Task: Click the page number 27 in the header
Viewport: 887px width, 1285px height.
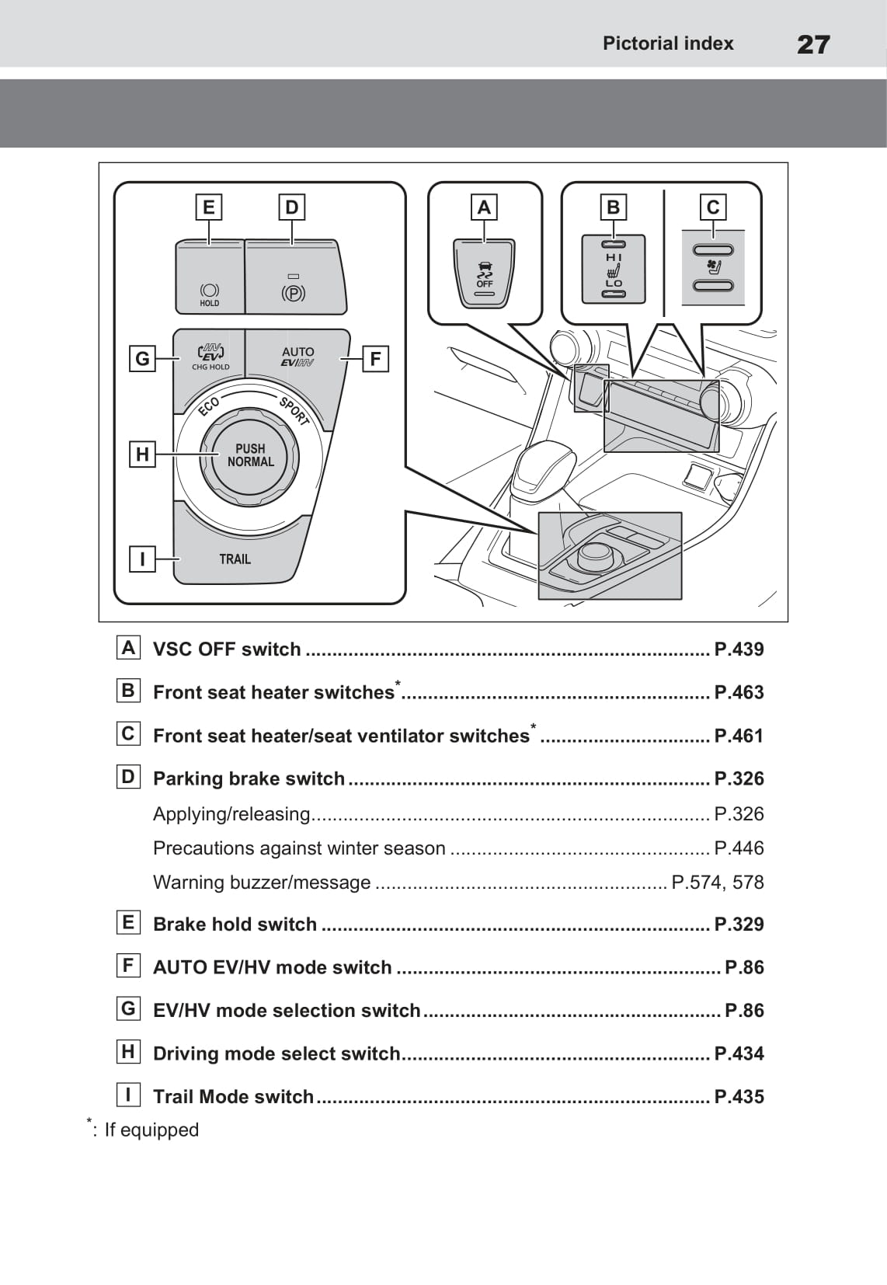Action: pos(813,44)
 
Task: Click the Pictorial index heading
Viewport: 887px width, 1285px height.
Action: pos(668,44)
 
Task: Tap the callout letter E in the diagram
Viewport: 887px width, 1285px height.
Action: pos(208,207)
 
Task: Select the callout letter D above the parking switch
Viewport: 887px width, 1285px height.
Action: pos(291,207)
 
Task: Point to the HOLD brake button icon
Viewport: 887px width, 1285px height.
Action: pos(210,293)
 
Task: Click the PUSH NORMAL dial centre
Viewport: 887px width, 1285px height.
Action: pos(250,455)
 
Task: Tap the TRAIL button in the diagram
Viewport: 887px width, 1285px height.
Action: pos(235,559)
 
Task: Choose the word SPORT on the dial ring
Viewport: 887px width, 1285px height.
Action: pos(294,410)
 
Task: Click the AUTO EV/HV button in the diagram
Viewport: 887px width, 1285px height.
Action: pos(297,357)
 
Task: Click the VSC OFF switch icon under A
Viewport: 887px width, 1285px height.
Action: pos(484,275)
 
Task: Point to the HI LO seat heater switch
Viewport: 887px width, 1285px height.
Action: pos(614,270)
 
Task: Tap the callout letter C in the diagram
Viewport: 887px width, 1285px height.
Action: pos(713,207)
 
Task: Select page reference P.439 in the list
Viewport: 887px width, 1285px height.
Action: pos(739,649)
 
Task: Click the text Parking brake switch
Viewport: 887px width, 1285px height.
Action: pos(249,778)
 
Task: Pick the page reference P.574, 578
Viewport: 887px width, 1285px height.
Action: pos(717,883)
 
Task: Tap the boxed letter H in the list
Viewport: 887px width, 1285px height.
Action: pos(128,1052)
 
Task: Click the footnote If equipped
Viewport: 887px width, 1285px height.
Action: pos(151,1130)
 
